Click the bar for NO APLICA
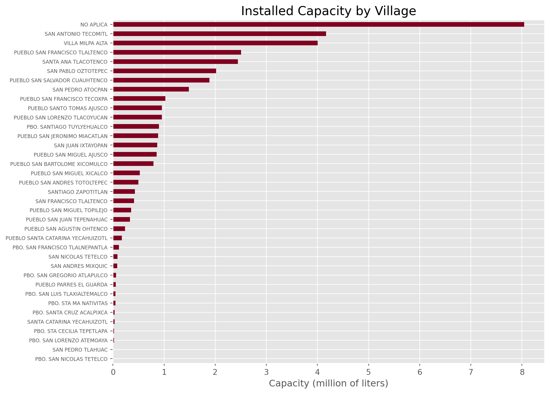[318, 24]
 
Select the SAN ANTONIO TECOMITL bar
[219, 34]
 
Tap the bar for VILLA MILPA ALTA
[215, 43]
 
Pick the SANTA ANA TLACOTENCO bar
[175, 62]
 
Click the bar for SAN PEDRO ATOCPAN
[151, 89]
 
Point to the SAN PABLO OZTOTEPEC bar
[164, 71]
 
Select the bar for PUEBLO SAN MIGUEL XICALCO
[126, 173]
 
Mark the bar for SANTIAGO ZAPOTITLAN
[124, 191]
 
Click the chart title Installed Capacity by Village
[328, 11]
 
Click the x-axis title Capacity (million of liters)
[328, 383]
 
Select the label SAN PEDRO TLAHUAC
[80, 350]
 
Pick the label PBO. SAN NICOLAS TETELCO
[71, 359]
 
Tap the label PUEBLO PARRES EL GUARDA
[71, 285]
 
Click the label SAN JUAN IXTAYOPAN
[81, 145]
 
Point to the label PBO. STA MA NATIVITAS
[78, 303]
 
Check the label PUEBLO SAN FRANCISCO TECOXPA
[64, 99]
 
